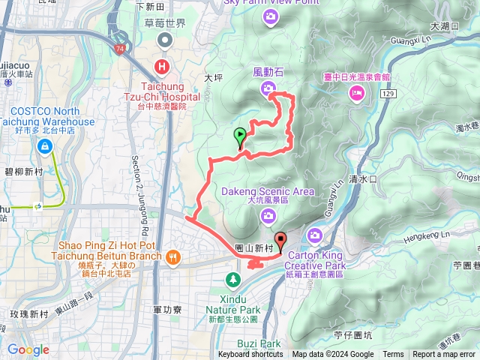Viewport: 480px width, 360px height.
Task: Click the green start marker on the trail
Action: coord(240,136)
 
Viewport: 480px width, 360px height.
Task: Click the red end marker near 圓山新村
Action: coord(281,241)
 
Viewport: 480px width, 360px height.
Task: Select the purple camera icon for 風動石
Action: coord(268,90)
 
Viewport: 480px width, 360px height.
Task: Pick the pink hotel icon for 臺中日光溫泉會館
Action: coord(357,92)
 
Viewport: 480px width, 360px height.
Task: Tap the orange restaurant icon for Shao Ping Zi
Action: coord(174,256)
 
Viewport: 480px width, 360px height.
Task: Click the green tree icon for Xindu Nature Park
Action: coord(233,280)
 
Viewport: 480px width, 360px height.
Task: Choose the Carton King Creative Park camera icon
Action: coord(316,235)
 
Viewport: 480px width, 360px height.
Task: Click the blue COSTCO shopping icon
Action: coord(46,147)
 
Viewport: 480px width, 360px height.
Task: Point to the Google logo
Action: coord(28,349)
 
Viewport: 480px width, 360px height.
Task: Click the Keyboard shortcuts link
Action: coord(250,355)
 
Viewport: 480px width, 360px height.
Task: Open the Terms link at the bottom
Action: coord(393,355)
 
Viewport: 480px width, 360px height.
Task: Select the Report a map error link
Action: coord(445,355)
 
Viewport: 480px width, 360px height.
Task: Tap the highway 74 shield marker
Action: coord(120,48)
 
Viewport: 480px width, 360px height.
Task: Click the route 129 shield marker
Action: coord(387,92)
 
